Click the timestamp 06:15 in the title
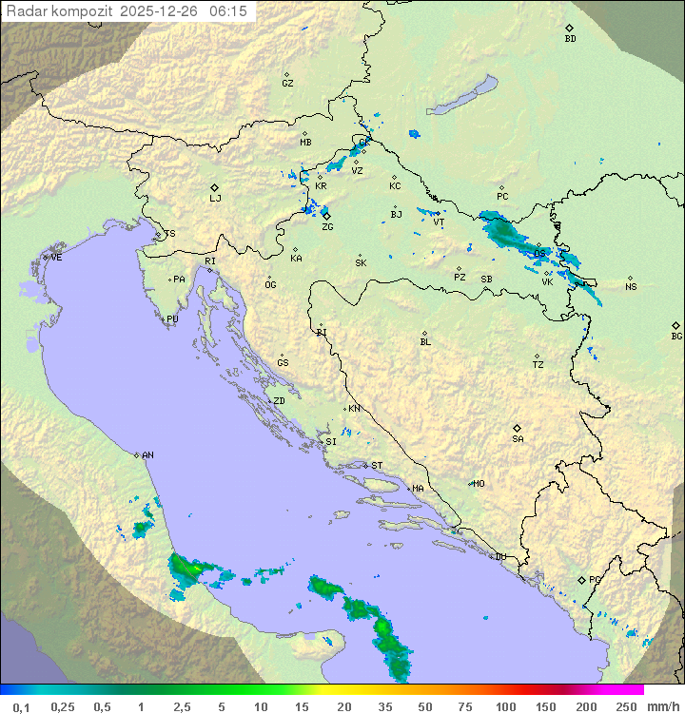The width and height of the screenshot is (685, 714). [227, 10]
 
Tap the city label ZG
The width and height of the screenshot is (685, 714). [327, 227]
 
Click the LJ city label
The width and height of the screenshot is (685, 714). [215, 199]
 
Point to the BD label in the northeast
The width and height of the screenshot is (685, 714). [570, 39]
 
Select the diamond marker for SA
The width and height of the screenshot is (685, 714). [518, 428]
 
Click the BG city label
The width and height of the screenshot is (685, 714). [676, 336]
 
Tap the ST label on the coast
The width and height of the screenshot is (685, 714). [377, 466]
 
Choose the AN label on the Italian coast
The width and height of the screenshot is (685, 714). [147, 455]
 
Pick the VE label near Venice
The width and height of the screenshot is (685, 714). [56, 258]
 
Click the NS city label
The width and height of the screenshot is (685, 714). [631, 287]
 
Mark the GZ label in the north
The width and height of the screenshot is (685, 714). [287, 84]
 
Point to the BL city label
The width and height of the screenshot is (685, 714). [425, 342]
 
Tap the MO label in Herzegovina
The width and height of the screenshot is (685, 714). [479, 484]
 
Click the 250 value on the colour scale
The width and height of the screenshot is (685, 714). [626, 706]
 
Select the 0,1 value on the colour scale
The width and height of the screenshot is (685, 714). [21, 706]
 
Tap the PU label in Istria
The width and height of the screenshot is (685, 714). [172, 319]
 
